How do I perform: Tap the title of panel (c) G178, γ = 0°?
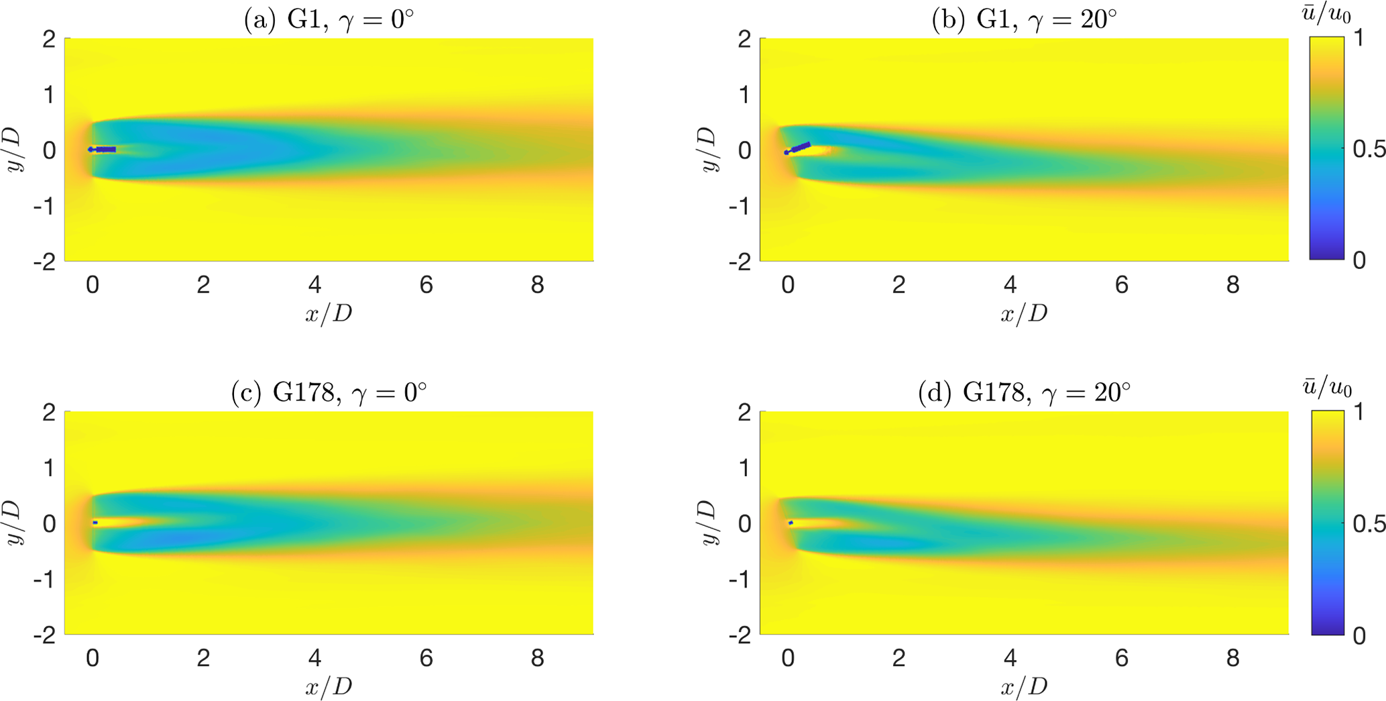[329, 392]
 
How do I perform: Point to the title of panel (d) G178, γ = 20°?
[1024, 392]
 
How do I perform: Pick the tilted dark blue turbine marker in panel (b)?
[799, 148]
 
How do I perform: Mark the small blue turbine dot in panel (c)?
[95, 523]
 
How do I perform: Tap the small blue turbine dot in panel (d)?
[791, 523]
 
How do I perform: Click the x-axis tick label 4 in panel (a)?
[314, 285]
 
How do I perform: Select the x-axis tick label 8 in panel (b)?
[1232, 285]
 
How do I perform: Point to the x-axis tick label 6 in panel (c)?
[426, 658]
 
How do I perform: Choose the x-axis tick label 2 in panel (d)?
[899, 658]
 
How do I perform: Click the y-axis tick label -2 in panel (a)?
[45, 262]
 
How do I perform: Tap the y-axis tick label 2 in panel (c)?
[49, 412]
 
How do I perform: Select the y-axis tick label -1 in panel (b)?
[740, 207]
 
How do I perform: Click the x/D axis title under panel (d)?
[1024, 686]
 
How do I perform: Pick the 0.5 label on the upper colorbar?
[1368, 149]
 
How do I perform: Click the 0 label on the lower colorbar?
[1359, 635]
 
